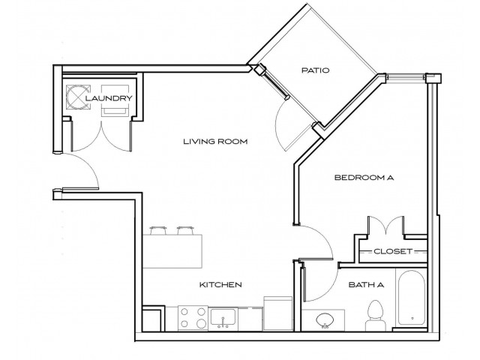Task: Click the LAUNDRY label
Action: [109, 98]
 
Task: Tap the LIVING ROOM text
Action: [217, 141]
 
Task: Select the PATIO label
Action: [316, 71]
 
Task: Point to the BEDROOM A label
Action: [364, 178]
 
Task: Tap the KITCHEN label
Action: [220, 285]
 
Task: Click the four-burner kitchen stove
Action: [191, 318]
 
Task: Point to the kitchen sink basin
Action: [223, 318]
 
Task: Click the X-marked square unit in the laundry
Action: [78, 97]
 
